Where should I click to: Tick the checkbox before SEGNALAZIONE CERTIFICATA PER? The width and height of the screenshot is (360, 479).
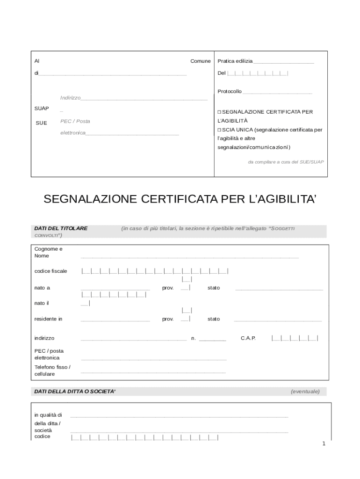[x=219, y=112]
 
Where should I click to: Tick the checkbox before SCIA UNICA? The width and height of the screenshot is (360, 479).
[x=219, y=130]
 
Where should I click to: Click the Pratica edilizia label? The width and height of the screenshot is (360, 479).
[x=235, y=61]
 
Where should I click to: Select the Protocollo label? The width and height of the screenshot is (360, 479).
[x=230, y=91]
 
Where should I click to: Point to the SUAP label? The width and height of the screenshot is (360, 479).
[x=42, y=109]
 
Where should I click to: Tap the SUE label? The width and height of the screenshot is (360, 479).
[x=42, y=123]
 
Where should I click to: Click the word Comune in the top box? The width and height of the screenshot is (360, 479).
[x=200, y=61]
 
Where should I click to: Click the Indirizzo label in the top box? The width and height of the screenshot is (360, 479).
[x=70, y=98]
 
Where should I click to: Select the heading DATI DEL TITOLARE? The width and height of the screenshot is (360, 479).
[x=61, y=228]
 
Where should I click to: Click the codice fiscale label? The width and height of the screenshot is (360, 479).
[x=50, y=271]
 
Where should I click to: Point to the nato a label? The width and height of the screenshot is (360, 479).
[x=42, y=288]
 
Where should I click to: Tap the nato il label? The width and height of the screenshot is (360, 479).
[x=42, y=303]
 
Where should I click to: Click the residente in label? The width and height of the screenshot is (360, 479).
[x=48, y=319]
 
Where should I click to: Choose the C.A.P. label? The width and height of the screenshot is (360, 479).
[x=248, y=338]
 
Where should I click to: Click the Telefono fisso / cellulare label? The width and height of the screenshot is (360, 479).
[x=52, y=370]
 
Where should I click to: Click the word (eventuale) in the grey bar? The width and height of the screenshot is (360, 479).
[x=305, y=392]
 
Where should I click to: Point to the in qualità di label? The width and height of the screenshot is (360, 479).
[x=48, y=415]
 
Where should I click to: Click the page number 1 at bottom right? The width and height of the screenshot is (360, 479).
[x=324, y=443]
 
